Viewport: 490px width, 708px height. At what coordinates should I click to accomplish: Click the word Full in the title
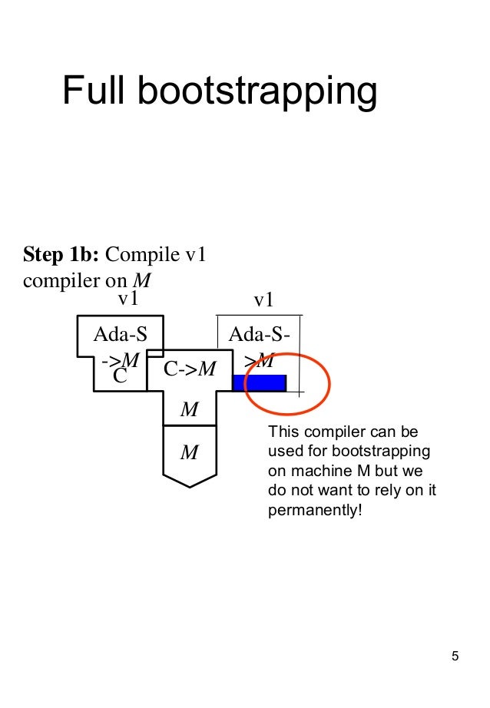click(93, 91)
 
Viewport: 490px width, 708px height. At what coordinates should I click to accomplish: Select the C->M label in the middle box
click(189, 369)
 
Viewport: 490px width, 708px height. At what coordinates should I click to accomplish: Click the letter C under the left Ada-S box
click(119, 376)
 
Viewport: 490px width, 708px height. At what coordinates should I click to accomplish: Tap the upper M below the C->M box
click(189, 410)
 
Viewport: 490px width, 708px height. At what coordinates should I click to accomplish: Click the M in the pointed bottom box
click(189, 452)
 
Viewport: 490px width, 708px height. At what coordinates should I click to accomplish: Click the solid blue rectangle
click(260, 382)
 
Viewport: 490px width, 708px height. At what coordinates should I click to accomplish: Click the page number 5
click(455, 656)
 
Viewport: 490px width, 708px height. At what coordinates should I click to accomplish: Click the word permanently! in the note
click(313, 510)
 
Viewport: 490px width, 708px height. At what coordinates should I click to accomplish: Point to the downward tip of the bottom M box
click(190, 485)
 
